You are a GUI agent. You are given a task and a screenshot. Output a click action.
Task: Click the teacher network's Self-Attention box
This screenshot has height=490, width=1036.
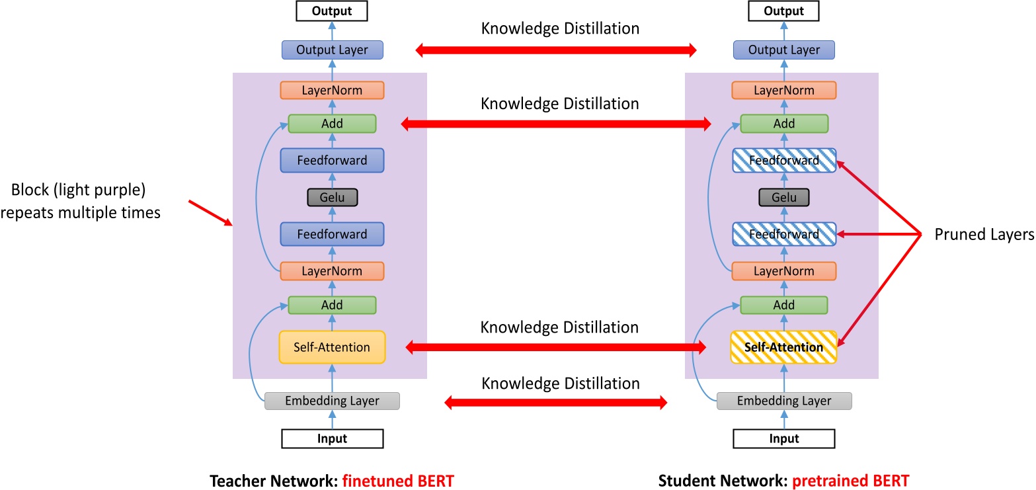click(x=332, y=347)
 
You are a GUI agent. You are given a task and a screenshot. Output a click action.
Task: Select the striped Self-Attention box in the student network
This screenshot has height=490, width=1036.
click(x=784, y=347)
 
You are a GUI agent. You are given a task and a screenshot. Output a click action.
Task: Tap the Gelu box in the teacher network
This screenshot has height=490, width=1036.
click(x=332, y=197)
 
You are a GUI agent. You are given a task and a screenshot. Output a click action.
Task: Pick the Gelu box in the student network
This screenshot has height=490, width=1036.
click(x=784, y=197)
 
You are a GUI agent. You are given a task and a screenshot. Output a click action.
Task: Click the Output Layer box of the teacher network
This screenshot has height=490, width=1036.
click(x=332, y=50)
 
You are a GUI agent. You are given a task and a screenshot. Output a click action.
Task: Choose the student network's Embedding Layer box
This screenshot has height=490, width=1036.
click(x=784, y=401)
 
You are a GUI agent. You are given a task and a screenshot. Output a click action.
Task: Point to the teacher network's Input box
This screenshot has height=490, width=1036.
click(x=332, y=438)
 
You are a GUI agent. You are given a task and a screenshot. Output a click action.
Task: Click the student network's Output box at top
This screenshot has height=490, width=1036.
click(x=784, y=11)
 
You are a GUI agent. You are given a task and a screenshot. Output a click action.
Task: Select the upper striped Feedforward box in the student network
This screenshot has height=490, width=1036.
click(x=784, y=160)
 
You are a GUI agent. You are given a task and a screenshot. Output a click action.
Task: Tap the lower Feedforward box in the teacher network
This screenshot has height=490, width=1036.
click(x=332, y=234)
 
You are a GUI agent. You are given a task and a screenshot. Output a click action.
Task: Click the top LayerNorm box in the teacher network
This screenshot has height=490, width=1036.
click(x=332, y=90)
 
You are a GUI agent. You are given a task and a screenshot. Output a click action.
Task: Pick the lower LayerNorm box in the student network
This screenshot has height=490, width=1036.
click(x=784, y=271)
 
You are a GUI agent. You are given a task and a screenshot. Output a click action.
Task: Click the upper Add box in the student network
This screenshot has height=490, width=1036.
click(x=784, y=124)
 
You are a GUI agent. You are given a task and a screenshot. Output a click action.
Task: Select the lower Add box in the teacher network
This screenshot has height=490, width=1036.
click(x=332, y=305)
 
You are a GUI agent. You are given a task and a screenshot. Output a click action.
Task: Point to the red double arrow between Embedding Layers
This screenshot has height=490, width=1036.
click(x=556, y=402)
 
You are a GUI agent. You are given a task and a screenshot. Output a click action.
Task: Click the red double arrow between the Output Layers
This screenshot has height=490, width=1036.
click(x=556, y=50)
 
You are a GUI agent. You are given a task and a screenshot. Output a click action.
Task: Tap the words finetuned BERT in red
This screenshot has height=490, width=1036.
click(x=399, y=479)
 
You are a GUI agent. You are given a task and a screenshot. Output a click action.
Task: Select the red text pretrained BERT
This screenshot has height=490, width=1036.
click(x=864, y=479)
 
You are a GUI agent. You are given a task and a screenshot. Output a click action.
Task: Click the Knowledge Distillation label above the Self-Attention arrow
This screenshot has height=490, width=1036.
click(x=559, y=327)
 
